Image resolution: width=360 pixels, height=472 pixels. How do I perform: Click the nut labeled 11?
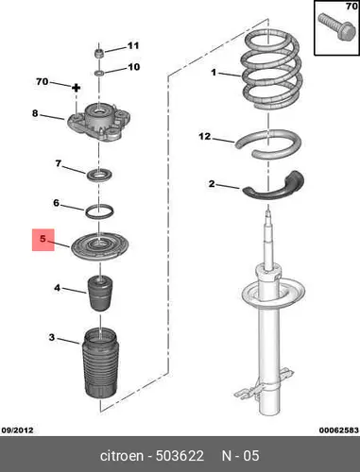(99, 53)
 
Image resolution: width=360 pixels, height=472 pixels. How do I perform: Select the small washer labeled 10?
(99, 73)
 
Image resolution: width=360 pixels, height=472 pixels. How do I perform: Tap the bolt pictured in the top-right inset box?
(336, 27)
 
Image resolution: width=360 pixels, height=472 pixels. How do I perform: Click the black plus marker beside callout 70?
(76, 88)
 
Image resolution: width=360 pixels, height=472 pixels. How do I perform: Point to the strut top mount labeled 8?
(99, 122)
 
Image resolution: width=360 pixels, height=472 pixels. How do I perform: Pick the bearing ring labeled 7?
(99, 176)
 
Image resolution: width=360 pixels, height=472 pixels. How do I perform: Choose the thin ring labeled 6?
(99, 211)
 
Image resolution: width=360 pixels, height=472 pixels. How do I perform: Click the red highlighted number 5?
(43, 239)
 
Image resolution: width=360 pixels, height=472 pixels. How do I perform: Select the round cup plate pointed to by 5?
(100, 246)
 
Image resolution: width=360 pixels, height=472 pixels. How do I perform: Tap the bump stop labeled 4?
(100, 294)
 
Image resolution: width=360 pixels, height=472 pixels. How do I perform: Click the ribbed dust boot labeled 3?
(100, 362)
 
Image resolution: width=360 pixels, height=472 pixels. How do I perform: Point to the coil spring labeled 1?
(271, 70)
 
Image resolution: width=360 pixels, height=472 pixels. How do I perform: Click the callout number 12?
(205, 136)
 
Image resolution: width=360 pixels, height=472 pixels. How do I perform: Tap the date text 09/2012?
(18, 430)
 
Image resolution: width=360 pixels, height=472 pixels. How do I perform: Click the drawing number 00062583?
(338, 430)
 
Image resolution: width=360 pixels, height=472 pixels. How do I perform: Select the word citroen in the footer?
(122, 456)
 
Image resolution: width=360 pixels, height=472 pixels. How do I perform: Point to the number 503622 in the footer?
(180, 456)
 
